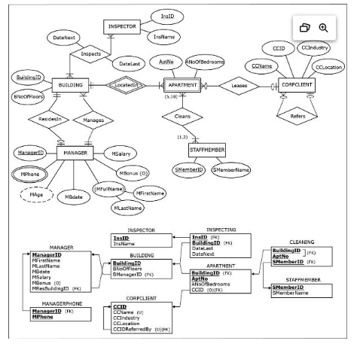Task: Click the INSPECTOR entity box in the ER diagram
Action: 122,27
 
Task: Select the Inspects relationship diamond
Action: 90,54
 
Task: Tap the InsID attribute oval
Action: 167,16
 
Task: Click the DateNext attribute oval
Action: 64,36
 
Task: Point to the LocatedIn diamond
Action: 127,86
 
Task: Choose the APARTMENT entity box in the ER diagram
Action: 181,86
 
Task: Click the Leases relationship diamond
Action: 239,86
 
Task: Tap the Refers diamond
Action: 297,116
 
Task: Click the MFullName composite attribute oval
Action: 109,188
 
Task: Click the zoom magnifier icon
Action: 323,27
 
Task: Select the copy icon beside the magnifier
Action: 305,27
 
